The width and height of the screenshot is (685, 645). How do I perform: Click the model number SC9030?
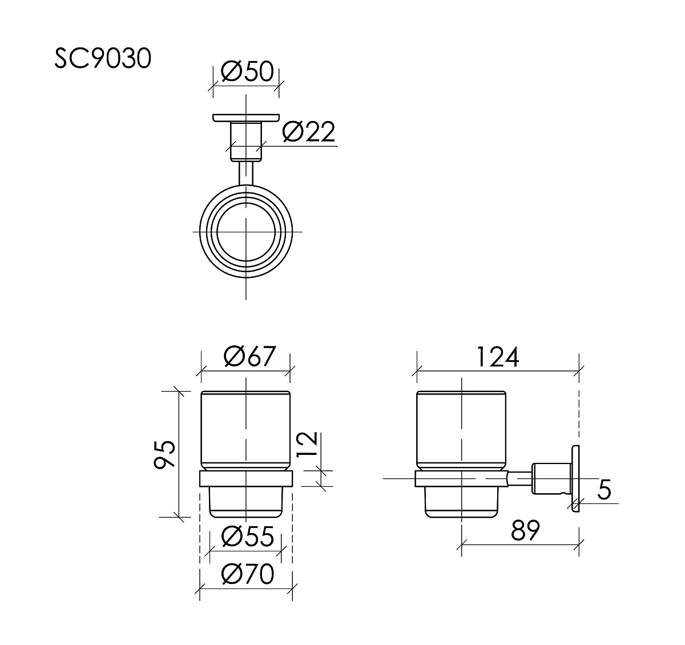pyautogui.click(x=103, y=58)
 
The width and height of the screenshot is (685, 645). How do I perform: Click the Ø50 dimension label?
pyautogui.click(x=247, y=71)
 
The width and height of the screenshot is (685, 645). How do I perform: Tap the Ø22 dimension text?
pyautogui.click(x=308, y=131)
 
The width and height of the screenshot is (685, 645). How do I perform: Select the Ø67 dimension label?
pyautogui.click(x=249, y=356)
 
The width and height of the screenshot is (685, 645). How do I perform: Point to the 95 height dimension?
pyautogui.click(x=164, y=454)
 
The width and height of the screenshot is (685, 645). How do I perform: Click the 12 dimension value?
pyautogui.click(x=307, y=444)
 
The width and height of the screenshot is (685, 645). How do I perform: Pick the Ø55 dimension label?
pyautogui.click(x=248, y=537)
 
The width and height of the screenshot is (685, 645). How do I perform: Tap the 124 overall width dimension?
pyautogui.click(x=497, y=357)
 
